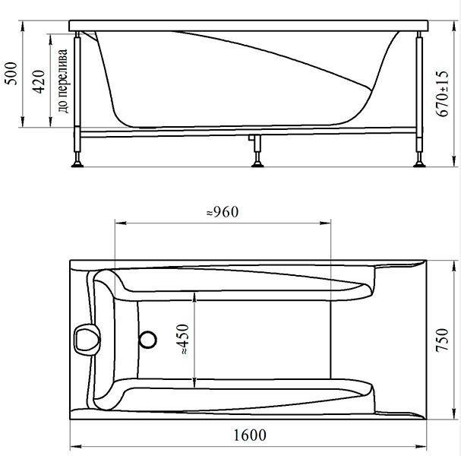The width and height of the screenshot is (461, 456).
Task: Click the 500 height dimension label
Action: point(11,73)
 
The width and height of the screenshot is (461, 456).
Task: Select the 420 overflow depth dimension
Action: point(39,81)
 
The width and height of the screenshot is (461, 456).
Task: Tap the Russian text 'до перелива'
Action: point(62,81)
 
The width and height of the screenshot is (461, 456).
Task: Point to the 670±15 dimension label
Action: point(443,93)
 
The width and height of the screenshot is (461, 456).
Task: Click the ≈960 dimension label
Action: point(223,212)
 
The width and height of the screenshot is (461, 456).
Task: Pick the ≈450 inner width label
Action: point(183,339)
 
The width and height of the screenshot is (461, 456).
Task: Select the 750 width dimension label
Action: point(442,340)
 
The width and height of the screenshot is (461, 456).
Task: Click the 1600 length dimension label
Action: point(250,435)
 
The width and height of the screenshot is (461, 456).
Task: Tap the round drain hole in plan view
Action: point(148,340)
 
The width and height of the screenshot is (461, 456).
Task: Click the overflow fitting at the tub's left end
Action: point(87,339)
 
